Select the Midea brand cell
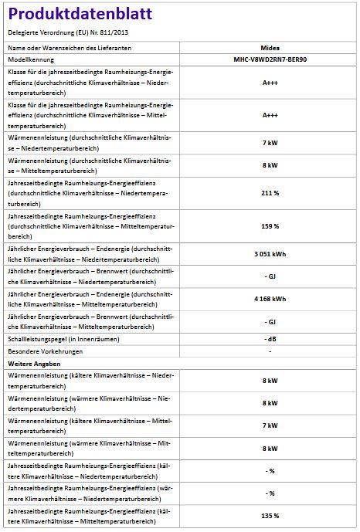pos(270,48)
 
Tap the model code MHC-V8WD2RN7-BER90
pos(270,59)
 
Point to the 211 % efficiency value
pos(270,192)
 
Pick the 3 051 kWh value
pos(270,253)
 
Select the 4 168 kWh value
pos(270,299)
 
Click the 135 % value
pos(270,515)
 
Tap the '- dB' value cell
pos(270,339)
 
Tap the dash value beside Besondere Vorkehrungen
pos(270,351)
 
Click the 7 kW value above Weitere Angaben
pos(270,143)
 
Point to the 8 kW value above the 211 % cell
pos(270,165)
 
